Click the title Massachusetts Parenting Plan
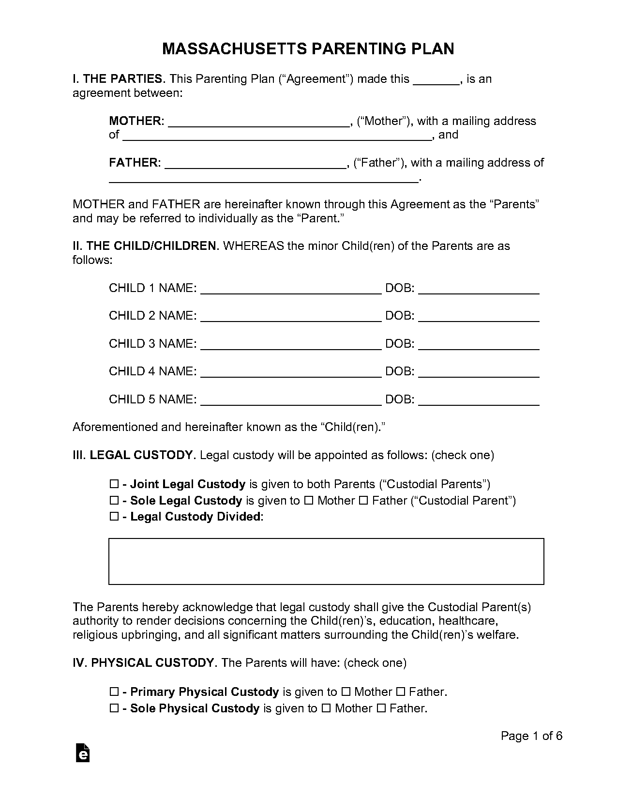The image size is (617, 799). pos(308,49)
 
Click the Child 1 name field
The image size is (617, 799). pos(290,290)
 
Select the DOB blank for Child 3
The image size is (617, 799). pos(478,345)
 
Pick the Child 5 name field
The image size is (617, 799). pos(290,400)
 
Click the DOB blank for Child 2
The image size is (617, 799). pos(478,317)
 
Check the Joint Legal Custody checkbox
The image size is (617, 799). pos(114,484)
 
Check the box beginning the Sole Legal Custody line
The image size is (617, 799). pos(114,501)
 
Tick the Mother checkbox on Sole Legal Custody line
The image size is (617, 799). pos(308,501)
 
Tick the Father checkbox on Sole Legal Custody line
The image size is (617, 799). pos(363,501)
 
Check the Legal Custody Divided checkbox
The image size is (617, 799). pos(114,517)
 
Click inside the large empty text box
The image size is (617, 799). pos(326,561)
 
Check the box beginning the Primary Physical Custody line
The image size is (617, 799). pos(114,692)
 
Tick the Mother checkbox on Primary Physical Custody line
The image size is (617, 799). pos(346,692)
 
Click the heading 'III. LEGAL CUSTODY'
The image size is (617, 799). pos(134,455)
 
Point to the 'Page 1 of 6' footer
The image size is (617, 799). pos(531,736)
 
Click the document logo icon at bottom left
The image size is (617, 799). pos(83,753)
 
